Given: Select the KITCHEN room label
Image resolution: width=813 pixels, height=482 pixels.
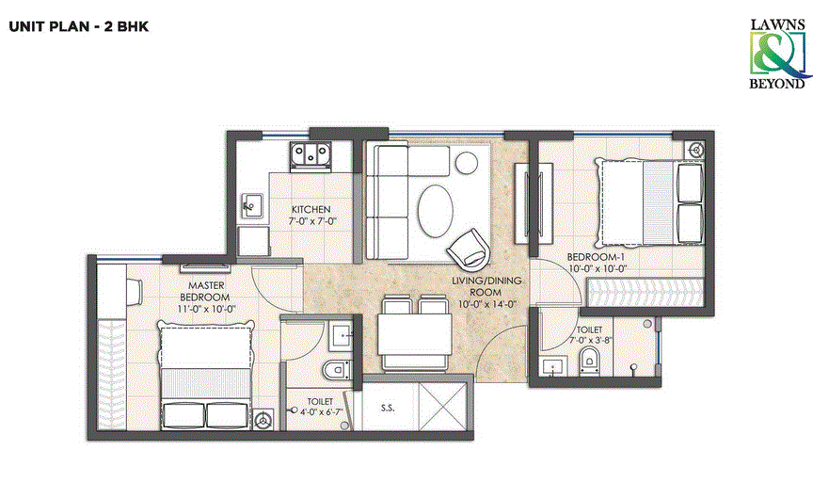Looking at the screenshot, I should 310,209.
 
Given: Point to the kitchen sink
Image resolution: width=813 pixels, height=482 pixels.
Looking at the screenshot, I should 251,201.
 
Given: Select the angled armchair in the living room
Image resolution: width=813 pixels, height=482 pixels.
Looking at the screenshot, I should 468,250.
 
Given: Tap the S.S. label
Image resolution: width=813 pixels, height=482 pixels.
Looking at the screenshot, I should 387,409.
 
